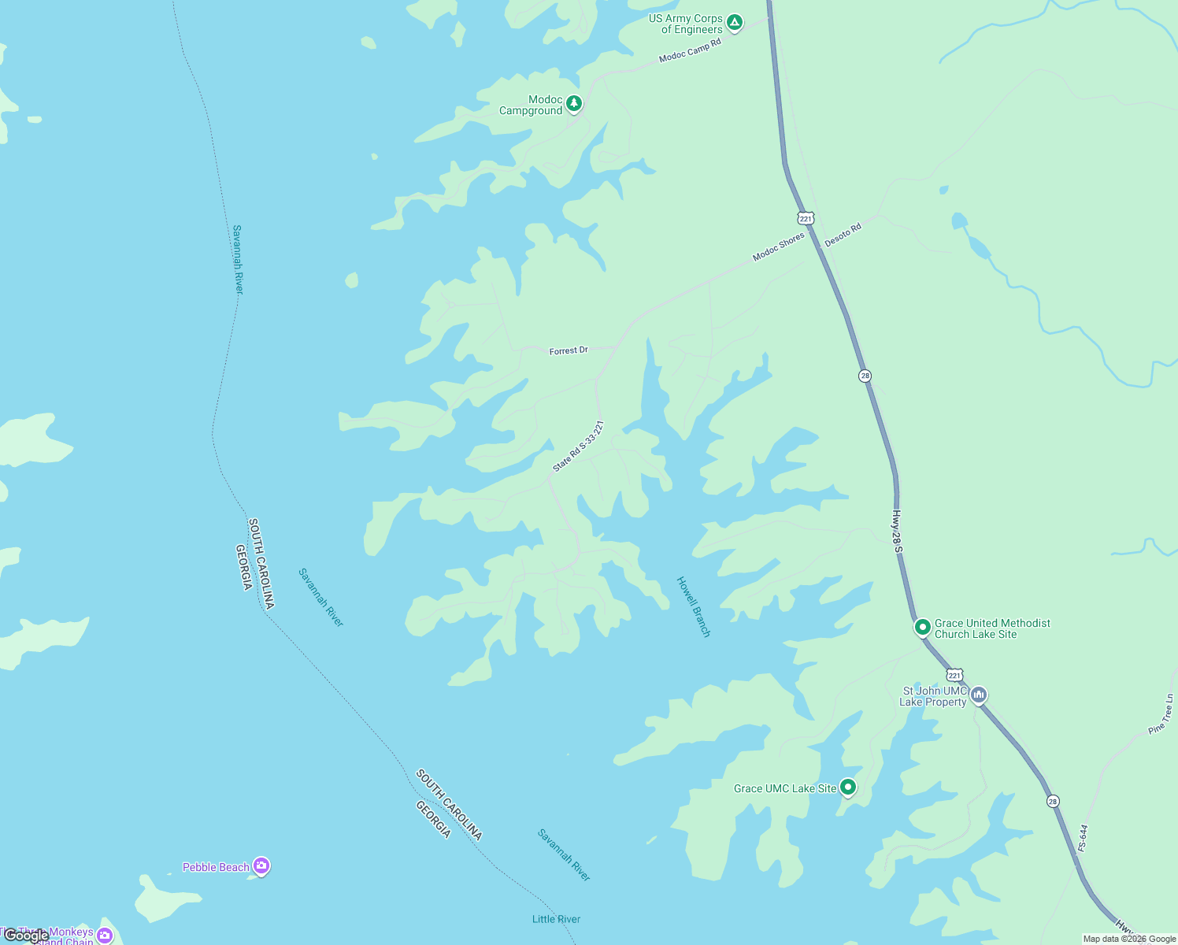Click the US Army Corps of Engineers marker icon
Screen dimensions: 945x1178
click(x=734, y=23)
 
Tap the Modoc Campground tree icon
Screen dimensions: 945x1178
click(x=574, y=103)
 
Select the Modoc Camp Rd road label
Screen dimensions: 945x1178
click(x=690, y=50)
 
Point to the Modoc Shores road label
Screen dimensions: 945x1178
click(x=778, y=246)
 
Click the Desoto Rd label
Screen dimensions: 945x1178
click(x=843, y=235)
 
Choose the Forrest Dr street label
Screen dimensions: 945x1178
click(x=569, y=350)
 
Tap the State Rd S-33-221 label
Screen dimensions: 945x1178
click(x=578, y=447)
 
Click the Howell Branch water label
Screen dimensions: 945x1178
click(x=694, y=606)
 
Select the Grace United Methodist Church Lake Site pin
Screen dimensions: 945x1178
click(x=922, y=627)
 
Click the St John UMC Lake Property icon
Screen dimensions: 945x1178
click(x=979, y=695)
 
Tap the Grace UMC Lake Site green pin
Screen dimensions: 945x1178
click(x=847, y=787)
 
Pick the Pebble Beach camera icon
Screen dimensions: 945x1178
click(x=261, y=866)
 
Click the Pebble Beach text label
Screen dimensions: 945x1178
click(x=216, y=867)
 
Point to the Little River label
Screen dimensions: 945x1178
click(x=556, y=919)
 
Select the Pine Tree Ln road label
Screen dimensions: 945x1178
click(x=1161, y=714)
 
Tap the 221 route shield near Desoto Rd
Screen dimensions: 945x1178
click(x=805, y=218)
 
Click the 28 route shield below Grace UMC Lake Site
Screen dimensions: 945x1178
click(x=1053, y=801)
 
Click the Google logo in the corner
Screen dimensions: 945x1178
click(x=26, y=936)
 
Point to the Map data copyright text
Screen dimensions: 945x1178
click(x=1129, y=939)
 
